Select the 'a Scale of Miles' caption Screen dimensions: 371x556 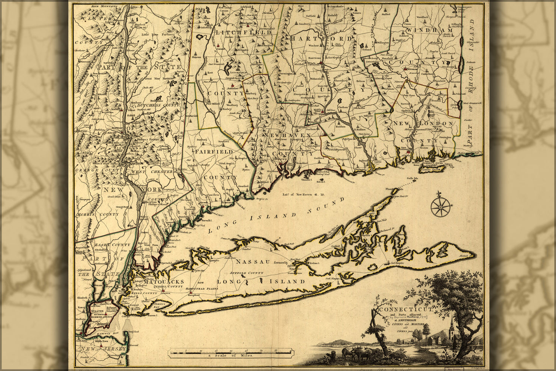point(230,355)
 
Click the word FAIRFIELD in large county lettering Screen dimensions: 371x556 point(214,152)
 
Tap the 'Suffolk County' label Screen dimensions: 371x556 point(247,273)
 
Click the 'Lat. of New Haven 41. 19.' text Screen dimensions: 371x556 point(304,193)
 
